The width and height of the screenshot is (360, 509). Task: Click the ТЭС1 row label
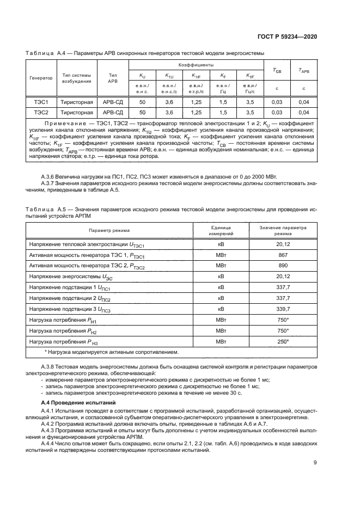42,102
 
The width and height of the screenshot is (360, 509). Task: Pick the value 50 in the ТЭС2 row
143,113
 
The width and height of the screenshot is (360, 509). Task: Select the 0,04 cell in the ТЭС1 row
303,102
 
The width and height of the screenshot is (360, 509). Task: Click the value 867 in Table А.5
283,255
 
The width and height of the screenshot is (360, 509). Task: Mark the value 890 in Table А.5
283,266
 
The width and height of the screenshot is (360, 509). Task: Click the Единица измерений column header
221,230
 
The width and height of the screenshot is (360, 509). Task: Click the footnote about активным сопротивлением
104,352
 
